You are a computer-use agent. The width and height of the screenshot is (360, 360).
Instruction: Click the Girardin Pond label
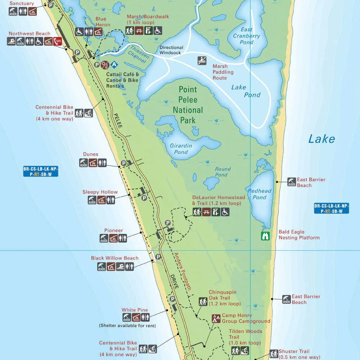click(x=181, y=149)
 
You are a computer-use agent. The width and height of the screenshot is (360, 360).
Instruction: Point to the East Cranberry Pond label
click(x=246, y=36)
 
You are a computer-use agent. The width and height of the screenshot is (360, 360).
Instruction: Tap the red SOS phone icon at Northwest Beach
click(x=58, y=41)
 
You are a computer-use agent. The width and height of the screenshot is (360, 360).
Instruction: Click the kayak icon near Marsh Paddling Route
click(x=202, y=60)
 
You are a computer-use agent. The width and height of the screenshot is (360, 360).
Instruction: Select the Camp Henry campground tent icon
click(x=216, y=318)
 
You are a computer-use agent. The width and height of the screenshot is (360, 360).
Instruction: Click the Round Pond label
click(x=222, y=172)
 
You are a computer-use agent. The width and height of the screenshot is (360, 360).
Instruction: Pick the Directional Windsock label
click(x=171, y=50)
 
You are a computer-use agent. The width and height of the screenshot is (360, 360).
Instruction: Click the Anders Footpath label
click(x=183, y=271)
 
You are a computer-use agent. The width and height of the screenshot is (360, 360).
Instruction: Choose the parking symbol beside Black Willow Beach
click(x=158, y=257)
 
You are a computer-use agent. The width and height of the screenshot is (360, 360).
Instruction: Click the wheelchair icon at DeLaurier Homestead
click(x=225, y=212)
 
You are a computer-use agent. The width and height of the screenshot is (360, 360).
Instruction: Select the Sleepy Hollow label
click(x=100, y=192)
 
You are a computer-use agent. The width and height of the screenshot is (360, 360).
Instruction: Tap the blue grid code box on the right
click(x=331, y=208)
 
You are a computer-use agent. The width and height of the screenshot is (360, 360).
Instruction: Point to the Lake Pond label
click(x=246, y=91)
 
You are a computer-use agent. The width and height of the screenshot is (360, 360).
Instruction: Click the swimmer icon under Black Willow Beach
click(x=120, y=267)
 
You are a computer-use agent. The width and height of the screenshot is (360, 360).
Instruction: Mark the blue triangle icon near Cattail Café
click(x=114, y=65)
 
